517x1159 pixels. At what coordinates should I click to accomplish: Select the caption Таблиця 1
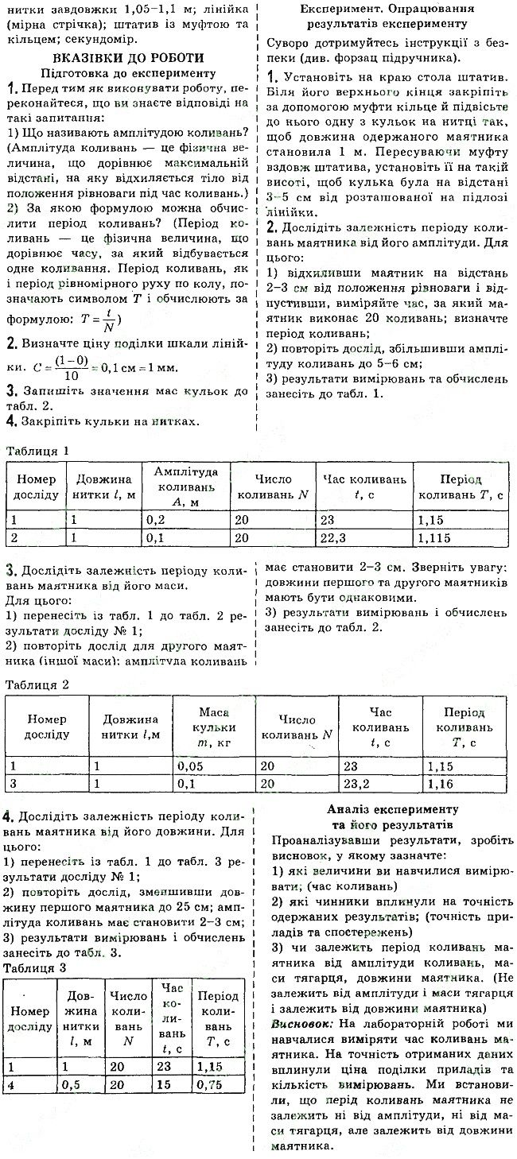point(38,451)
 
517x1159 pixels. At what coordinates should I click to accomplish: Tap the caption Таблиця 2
point(38,684)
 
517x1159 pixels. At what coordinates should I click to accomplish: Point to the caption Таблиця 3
point(38,967)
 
